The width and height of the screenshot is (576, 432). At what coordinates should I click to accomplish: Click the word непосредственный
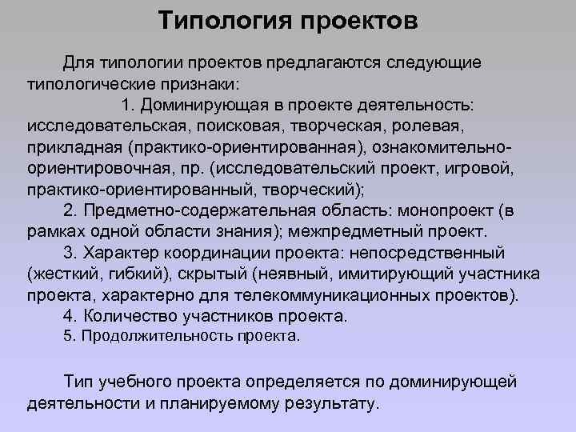pos(431,253)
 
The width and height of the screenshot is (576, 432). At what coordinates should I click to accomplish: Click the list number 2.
pos(68,211)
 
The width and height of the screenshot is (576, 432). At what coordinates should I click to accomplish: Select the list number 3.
pos(68,253)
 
